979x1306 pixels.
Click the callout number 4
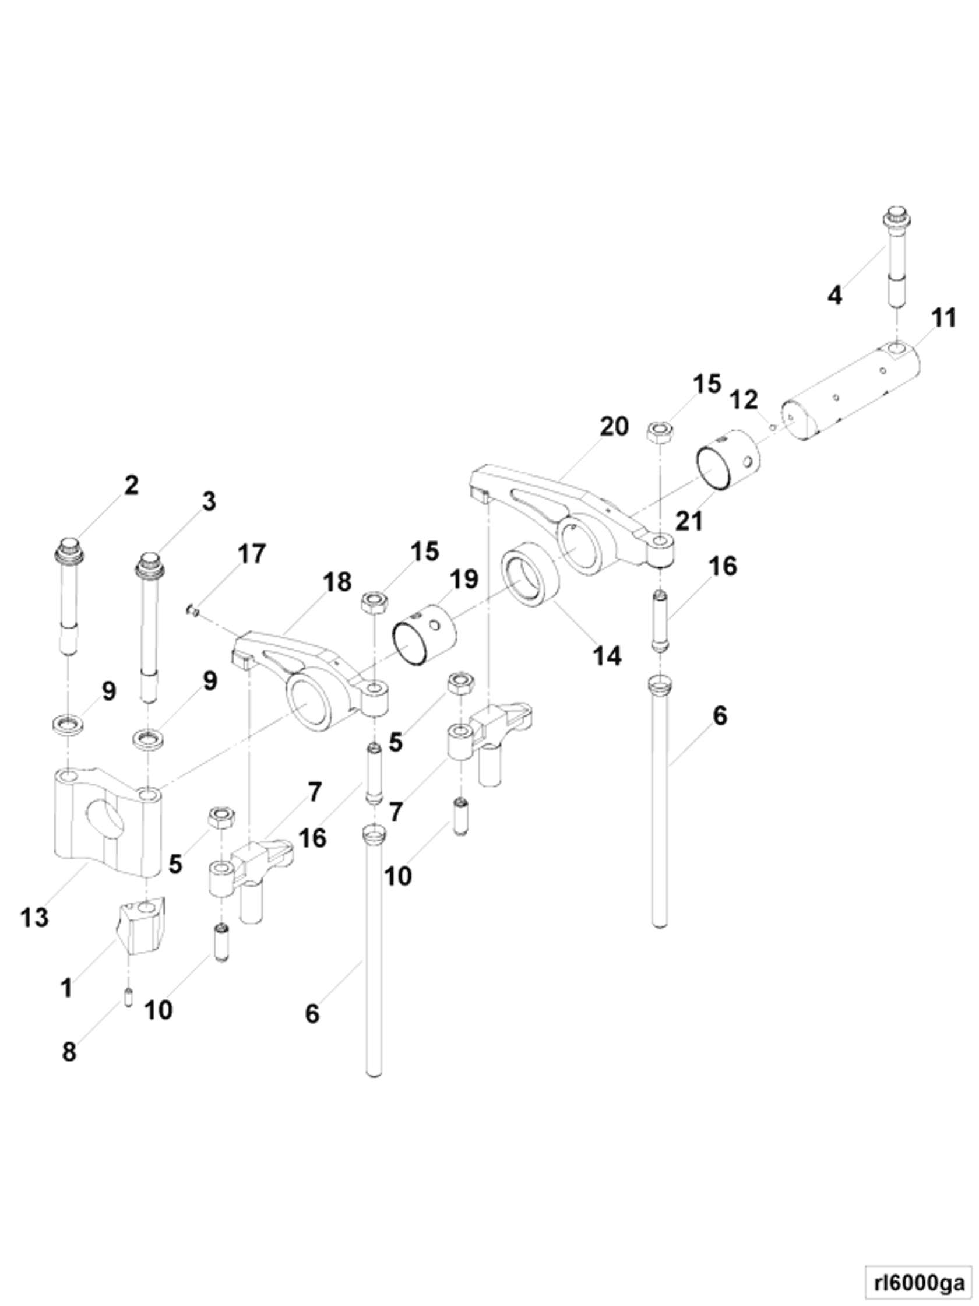[x=834, y=294]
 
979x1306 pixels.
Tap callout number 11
[x=943, y=318]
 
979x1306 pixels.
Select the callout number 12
[x=744, y=400]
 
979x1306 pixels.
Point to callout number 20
[x=614, y=426]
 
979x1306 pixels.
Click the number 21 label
[x=689, y=521]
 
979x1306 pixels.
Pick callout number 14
[x=607, y=655]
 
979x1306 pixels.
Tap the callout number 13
[x=34, y=918]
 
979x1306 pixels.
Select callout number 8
[x=69, y=1052]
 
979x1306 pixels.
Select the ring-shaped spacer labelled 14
[x=530, y=573]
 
